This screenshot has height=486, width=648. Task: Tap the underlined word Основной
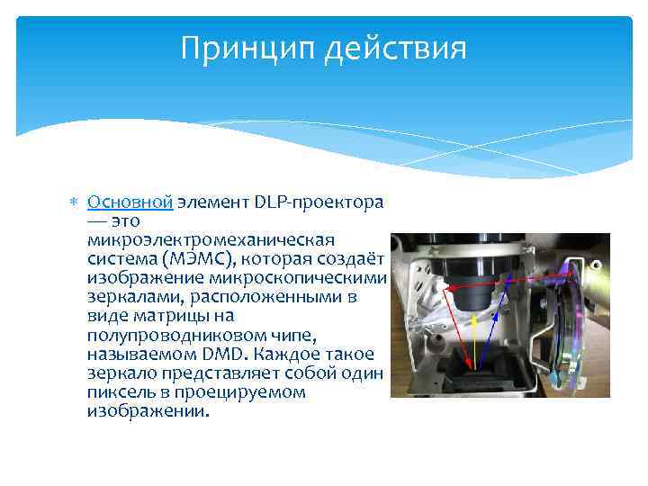(x=130, y=202)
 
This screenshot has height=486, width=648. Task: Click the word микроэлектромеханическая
(x=211, y=240)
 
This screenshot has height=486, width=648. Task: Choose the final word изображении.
(x=148, y=411)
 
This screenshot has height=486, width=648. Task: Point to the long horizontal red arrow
(x=504, y=278)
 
